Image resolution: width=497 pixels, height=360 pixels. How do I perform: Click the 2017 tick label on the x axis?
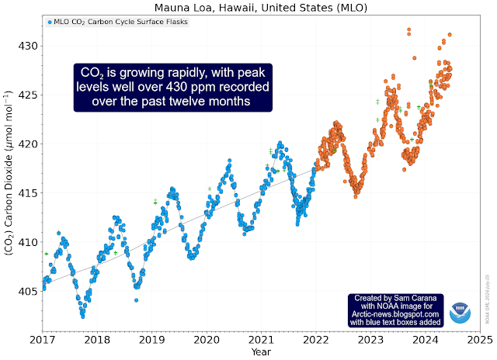(42, 340)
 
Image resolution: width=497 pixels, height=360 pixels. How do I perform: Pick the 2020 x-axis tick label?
(206, 340)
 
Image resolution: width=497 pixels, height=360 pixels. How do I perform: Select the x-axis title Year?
(261, 351)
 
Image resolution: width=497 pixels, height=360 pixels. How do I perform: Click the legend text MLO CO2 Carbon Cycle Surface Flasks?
(121, 22)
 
